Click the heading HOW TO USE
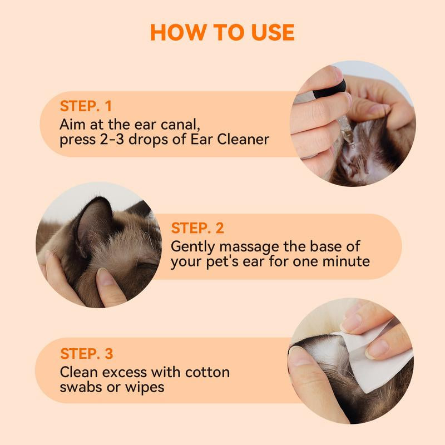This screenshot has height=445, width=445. click(x=222, y=32)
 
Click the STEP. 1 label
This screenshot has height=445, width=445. click(x=86, y=106)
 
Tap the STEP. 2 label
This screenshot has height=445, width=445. click(x=197, y=228)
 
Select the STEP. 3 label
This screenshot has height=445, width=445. click(x=86, y=353)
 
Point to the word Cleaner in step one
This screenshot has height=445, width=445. click(x=240, y=139)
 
